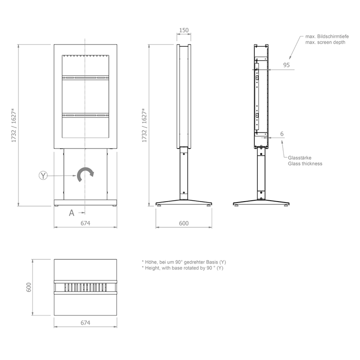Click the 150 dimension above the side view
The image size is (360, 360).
pyautogui.click(x=184, y=31)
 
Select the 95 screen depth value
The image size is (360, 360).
pyautogui.click(x=286, y=65)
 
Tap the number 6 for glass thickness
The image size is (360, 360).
pyautogui.click(x=281, y=134)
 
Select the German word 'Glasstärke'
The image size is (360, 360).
pyautogui.click(x=301, y=157)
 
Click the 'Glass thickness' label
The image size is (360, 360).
pyautogui.click(x=305, y=164)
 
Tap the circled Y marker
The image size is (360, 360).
pyautogui.click(x=43, y=175)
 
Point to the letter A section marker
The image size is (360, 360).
pyautogui.click(x=72, y=213)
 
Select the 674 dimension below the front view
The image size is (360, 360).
pyautogui.click(x=85, y=223)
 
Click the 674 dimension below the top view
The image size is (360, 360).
pyautogui.click(x=85, y=323)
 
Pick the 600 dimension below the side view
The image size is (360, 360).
pyautogui.click(x=184, y=223)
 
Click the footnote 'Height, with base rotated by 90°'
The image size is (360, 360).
pyautogui.click(x=182, y=268)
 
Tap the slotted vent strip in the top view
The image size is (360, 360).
pyautogui.click(x=85, y=287)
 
